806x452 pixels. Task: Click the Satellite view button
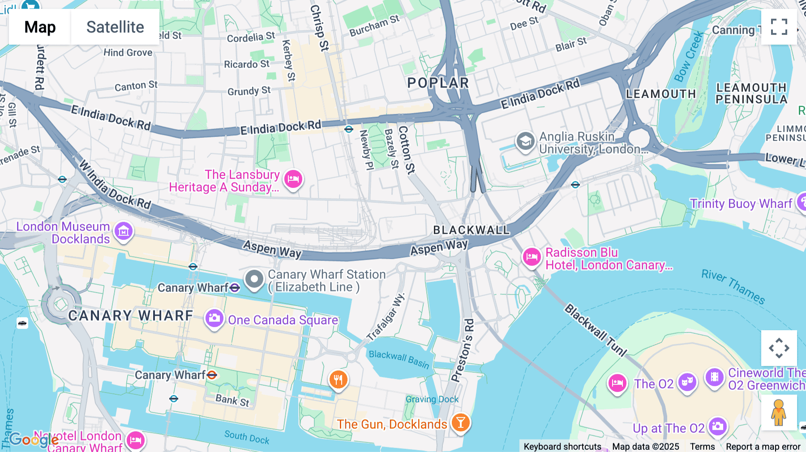point(115,27)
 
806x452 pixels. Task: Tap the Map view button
point(40,27)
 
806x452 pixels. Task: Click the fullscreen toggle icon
point(779,27)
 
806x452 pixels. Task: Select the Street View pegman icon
point(779,413)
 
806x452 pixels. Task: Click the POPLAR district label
point(438,83)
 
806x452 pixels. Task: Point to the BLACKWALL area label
point(472,230)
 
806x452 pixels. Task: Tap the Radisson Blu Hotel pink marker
point(532,257)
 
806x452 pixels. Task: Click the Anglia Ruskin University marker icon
point(525,141)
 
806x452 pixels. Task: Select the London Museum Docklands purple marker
point(124,231)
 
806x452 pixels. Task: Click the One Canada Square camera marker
point(214,319)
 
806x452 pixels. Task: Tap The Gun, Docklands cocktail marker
point(460,422)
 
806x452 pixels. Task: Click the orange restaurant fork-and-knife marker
point(339,380)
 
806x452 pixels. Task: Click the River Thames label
point(733,286)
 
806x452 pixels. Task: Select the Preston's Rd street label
point(463,350)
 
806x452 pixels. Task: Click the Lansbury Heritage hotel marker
point(293,179)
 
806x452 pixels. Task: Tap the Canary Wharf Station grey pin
point(254,279)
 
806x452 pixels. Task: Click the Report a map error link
point(763,447)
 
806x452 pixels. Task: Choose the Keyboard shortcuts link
point(562,447)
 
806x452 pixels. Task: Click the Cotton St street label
point(406,149)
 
